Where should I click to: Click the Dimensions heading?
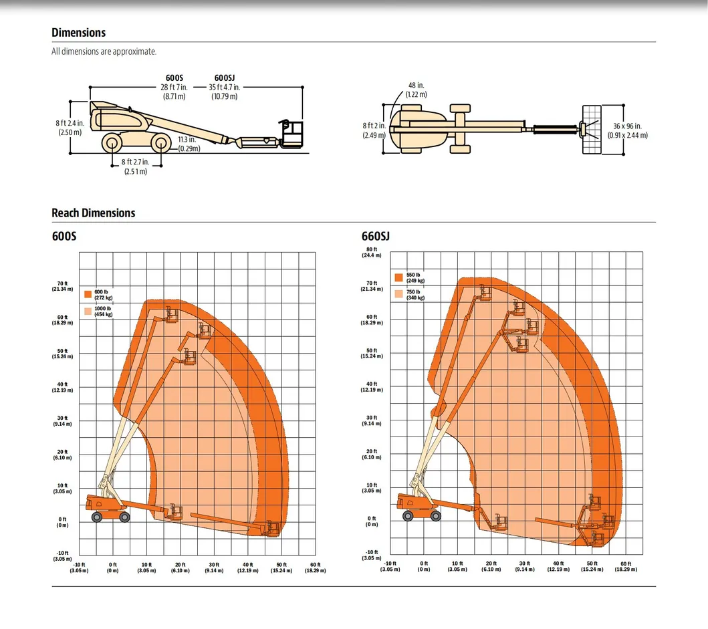pos(78,33)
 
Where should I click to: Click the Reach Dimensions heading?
pos(93,213)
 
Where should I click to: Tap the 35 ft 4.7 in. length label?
pos(224,88)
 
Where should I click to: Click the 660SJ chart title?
pos(375,237)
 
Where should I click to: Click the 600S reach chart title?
pos(64,237)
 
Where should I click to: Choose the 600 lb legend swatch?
pos(88,294)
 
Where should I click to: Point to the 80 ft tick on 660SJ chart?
pos(372,252)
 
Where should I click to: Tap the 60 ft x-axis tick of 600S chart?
pos(315,568)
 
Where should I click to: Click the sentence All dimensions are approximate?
pos(104,51)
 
